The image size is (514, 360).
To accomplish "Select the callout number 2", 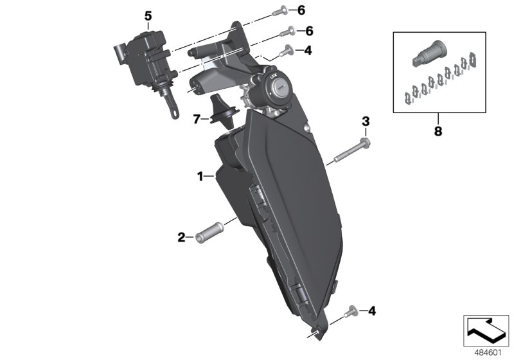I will pyautogui.click(x=182, y=237).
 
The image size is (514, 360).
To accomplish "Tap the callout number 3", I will pyautogui.click(x=365, y=121).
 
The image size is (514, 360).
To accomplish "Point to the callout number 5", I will pyautogui.click(x=148, y=16).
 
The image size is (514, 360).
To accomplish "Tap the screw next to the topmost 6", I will pyautogui.click(x=285, y=10).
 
